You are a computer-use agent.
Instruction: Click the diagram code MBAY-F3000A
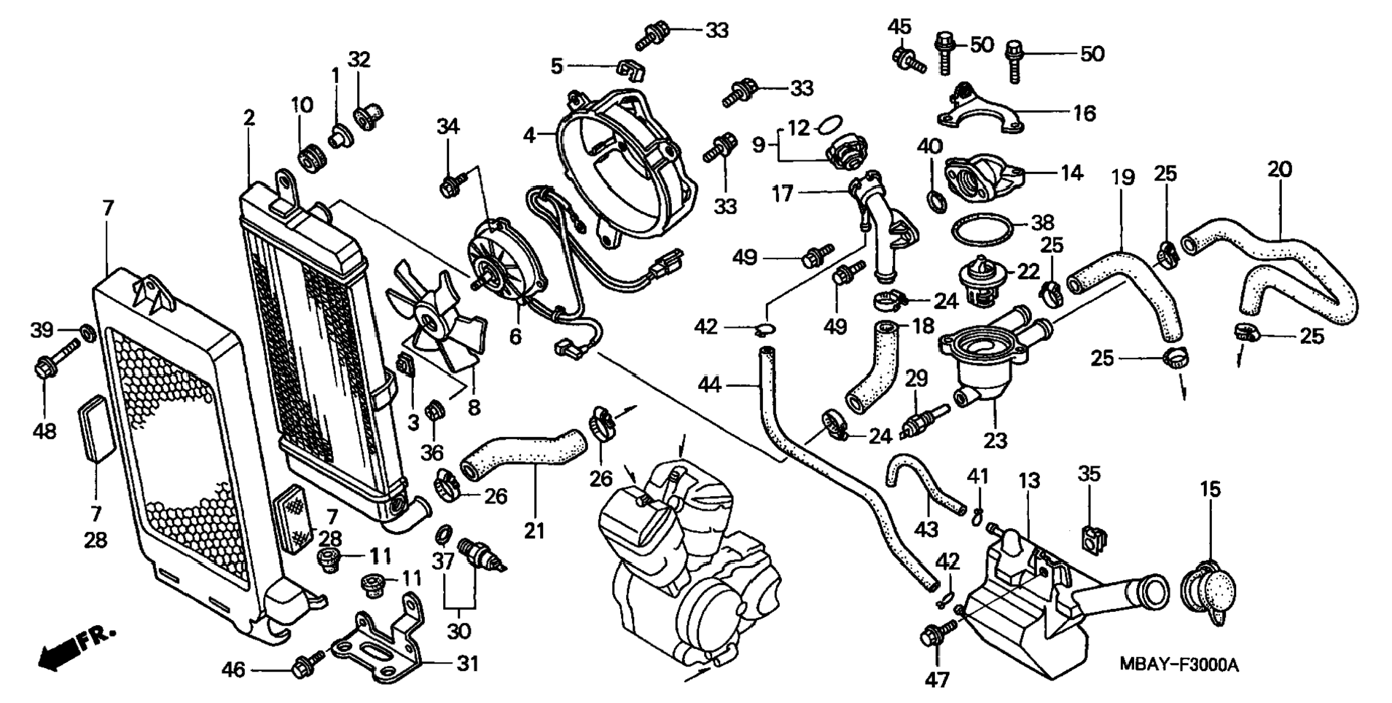tap(1179, 665)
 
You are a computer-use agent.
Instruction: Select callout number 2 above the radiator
tap(249, 118)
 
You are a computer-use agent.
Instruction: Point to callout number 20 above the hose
tap(1280, 169)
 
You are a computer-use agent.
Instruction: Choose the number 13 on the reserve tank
tap(1029, 481)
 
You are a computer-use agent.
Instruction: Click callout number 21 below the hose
tap(534, 531)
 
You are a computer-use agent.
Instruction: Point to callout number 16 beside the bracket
tap(1084, 113)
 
